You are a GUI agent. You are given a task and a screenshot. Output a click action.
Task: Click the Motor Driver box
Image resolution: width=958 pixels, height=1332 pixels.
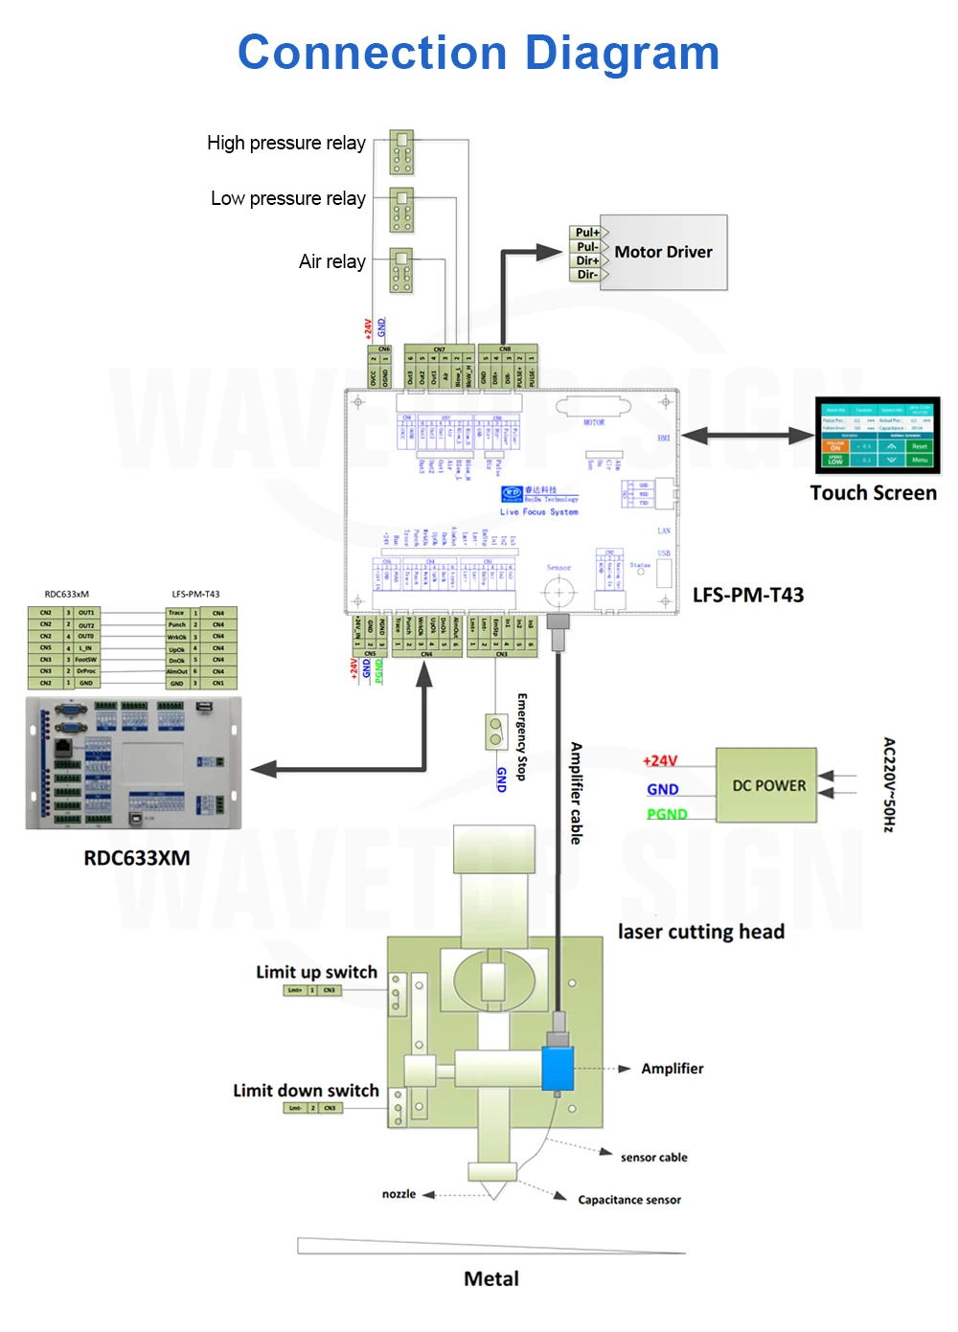tap(663, 252)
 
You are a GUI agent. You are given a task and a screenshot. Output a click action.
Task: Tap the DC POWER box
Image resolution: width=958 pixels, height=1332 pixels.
tap(767, 785)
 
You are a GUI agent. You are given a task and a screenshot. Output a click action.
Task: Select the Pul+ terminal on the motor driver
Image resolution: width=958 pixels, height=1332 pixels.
tap(587, 233)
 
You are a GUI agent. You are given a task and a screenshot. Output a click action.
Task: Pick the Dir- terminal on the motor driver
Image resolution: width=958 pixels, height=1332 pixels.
tap(586, 275)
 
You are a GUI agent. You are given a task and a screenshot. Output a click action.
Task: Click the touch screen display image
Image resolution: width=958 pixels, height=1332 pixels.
tap(878, 437)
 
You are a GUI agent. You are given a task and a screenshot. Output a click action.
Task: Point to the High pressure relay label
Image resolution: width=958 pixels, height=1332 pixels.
tap(286, 144)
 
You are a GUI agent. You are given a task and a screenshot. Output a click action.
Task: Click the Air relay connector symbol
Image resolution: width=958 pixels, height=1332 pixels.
tap(401, 271)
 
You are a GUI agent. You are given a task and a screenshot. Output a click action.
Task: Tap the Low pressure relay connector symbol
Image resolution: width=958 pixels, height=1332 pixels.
tap(401, 211)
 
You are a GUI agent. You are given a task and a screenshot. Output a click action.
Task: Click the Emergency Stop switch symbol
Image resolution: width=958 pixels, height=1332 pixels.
tap(495, 732)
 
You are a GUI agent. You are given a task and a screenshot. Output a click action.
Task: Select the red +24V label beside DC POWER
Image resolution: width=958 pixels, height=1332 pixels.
tap(660, 761)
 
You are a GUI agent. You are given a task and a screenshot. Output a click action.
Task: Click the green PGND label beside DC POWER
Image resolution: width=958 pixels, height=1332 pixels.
tap(667, 814)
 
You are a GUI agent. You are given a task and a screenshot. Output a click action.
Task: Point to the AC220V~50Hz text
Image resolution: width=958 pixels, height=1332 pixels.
tap(889, 784)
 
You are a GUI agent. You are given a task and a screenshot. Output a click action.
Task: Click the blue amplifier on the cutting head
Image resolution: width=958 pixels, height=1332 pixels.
tap(558, 1069)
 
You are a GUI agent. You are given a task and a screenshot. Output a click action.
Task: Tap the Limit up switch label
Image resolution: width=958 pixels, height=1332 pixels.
tap(316, 972)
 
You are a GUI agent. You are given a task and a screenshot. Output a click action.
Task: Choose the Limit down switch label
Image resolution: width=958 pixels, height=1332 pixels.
tap(306, 1091)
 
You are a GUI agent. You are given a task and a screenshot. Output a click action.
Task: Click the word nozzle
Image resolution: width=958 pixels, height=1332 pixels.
tap(399, 1194)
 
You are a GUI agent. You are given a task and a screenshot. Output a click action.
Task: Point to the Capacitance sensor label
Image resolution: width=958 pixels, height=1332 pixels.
tap(629, 1200)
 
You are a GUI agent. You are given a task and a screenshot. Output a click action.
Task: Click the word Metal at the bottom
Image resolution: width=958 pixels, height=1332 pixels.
tap(491, 1279)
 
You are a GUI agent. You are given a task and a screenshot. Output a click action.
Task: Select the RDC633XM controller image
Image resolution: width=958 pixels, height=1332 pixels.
tap(133, 763)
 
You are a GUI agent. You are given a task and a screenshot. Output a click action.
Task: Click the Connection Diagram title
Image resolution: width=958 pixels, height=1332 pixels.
tap(478, 53)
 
